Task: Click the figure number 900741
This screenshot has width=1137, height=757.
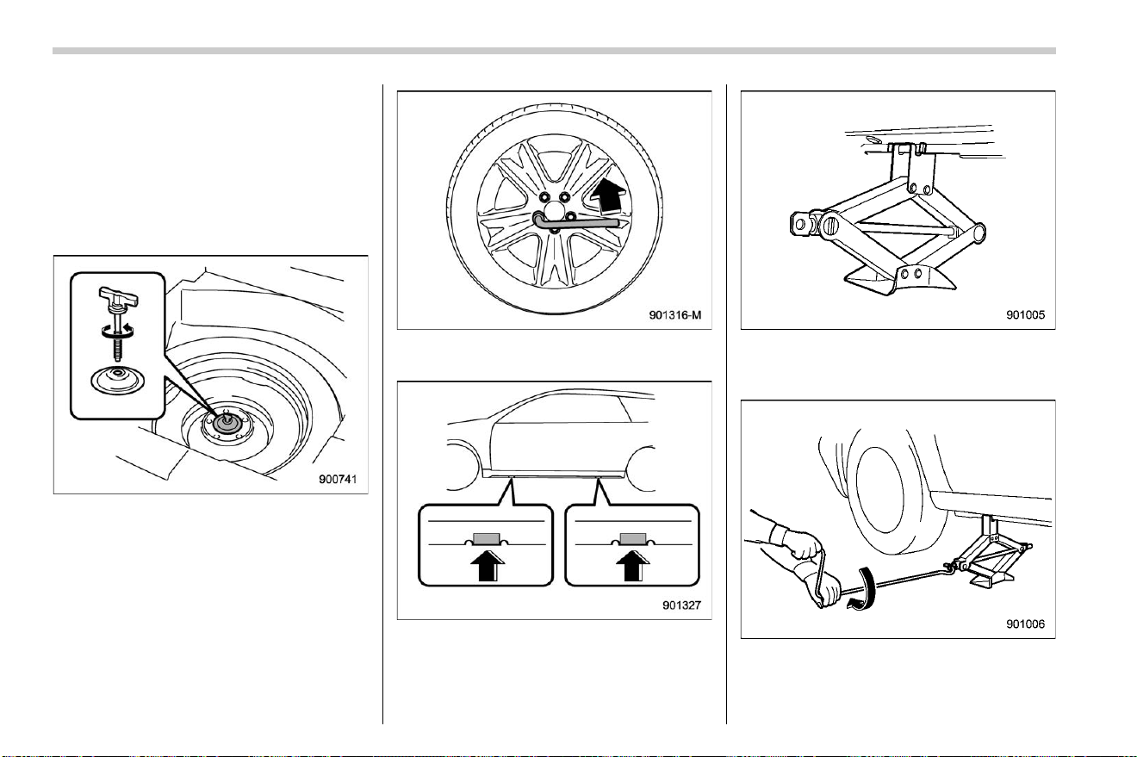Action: (338, 479)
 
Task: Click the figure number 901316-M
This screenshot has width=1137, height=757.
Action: (675, 315)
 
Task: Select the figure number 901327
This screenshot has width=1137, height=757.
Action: (681, 605)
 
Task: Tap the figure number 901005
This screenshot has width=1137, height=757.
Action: (1025, 315)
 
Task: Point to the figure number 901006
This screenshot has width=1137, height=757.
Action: (1025, 624)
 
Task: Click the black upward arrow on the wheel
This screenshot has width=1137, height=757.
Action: (606, 195)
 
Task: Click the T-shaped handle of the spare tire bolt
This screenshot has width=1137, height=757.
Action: (119, 296)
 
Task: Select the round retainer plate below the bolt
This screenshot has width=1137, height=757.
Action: (117, 381)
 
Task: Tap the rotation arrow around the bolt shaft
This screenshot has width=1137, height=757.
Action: (117, 331)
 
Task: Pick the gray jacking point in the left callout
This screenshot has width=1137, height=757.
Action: (487, 539)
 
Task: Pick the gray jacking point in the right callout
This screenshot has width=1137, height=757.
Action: (633, 539)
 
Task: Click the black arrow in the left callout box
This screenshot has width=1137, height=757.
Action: (488, 565)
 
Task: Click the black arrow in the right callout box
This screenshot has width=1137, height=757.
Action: (633, 565)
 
